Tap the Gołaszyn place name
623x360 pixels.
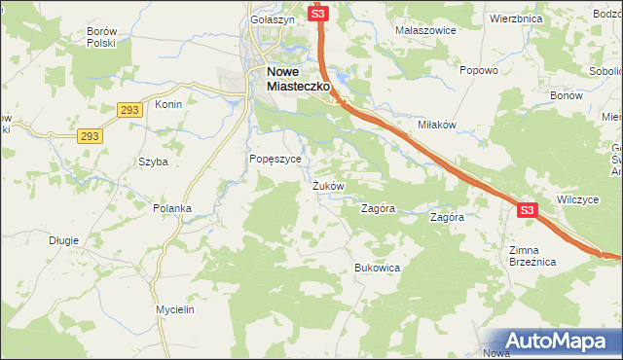[x=272, y=19]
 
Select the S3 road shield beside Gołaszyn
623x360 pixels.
[x=319, y=14]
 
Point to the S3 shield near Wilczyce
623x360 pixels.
[x=527, y=209]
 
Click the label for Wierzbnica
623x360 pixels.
[x=516, y=18]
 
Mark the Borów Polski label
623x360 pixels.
[x=101, y=37]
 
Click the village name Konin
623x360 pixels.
[x=168, y=104]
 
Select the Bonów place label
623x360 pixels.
[x=566, y=97]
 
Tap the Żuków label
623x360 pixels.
[x=328, y=185]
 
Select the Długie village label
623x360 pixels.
[x=63, y=239]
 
